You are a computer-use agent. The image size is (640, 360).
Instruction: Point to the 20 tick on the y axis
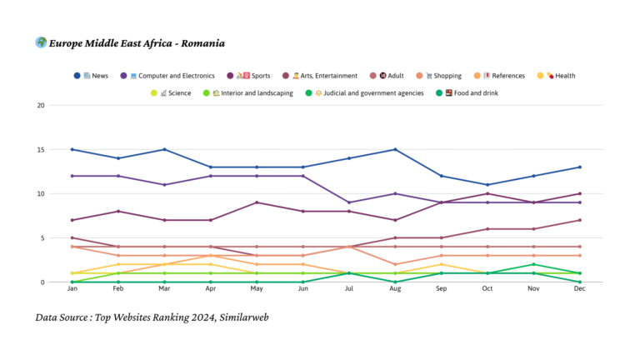pyautogui.click(x=41, y=106)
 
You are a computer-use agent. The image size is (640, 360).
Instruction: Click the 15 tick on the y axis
pyautogui.click(x=41, y=150)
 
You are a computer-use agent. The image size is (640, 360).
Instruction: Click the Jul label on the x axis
pyautogui.click(x=347, y=290)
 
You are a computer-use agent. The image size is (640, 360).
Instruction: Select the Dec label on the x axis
pyautogui.click(x=580, y=290)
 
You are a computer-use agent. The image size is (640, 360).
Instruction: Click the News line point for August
pyautogui.click(x=394, y=150)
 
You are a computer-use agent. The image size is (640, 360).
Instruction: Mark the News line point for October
pyautogui.click(x=487, y=185)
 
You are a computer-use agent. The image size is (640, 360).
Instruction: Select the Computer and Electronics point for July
pyautogui.click(x=348, y=202)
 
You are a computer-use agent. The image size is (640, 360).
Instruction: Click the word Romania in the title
pyautogui.click(x=201, y=43)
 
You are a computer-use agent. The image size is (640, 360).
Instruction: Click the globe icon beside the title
pyautogui.click(x=41, y=42)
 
